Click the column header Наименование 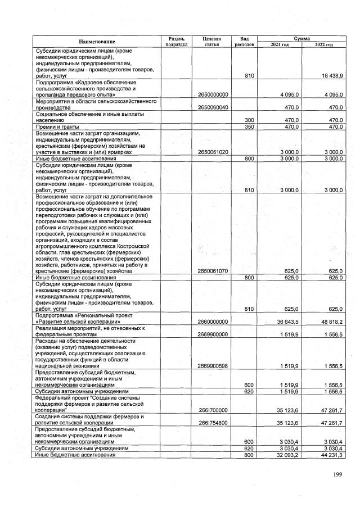(97, 42)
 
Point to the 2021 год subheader (280, 44)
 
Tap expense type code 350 (249, 127)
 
